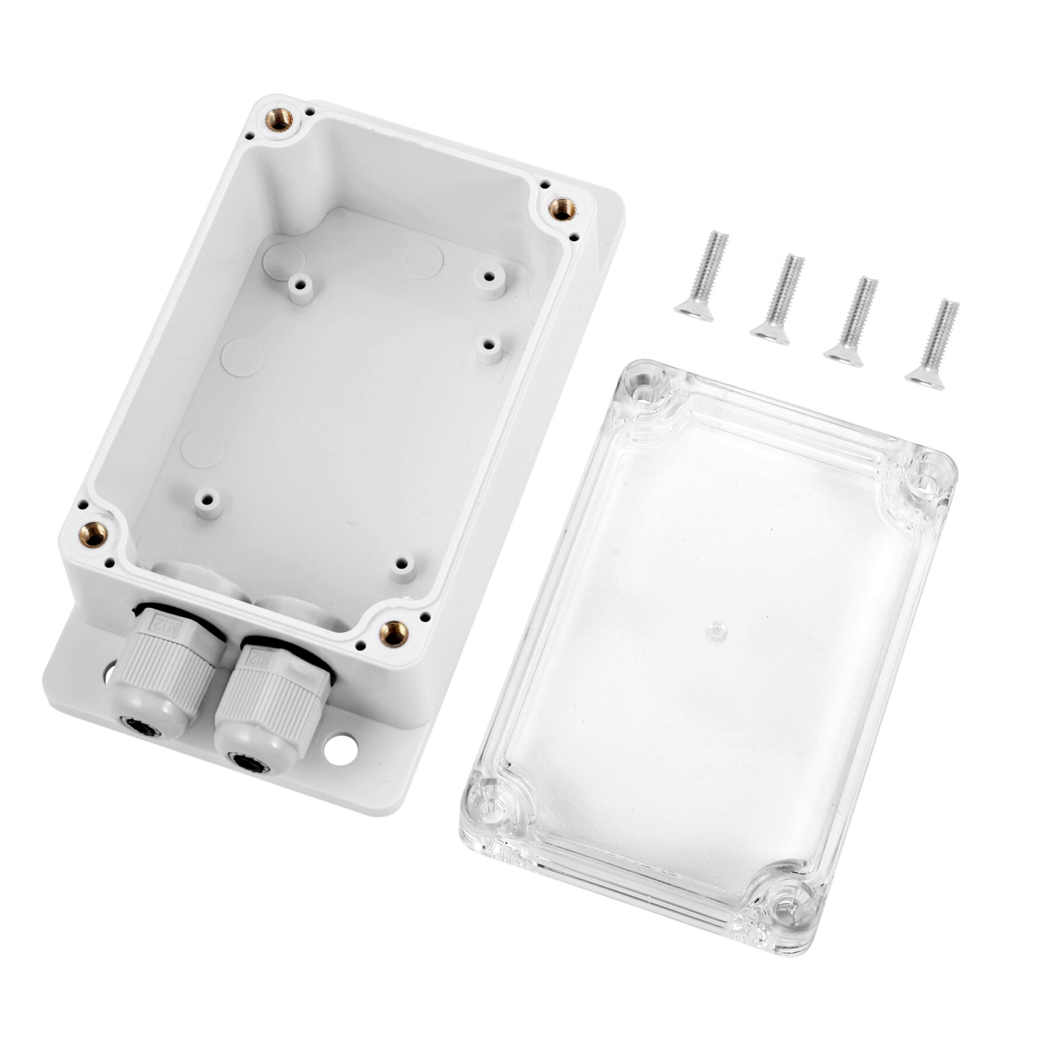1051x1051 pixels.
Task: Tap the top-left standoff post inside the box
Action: [x=301, y=286]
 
